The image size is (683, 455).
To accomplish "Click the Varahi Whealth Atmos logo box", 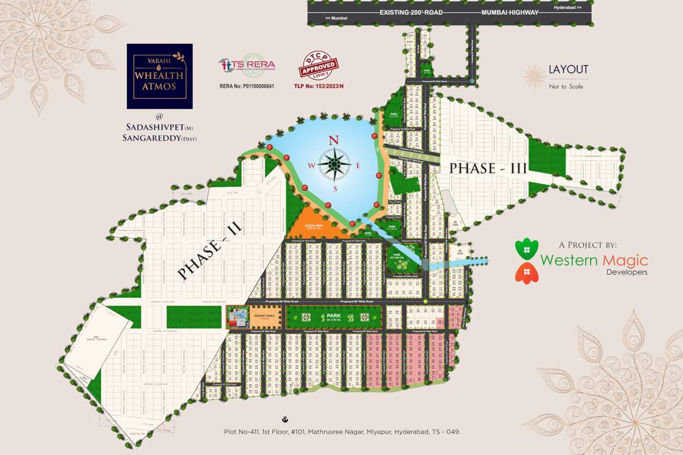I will tap(159, 76).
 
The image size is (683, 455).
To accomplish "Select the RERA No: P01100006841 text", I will tap(247, 86).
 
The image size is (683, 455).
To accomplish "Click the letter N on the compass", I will tap(334, 140).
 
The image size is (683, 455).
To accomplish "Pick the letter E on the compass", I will tap(358, 165).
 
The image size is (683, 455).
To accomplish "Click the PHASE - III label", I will tap(488, 168).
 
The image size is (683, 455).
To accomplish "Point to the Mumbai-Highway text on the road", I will tap(510, 12).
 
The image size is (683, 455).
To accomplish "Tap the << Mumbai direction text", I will tap(336, 19).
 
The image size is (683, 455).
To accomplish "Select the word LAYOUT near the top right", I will tap(568, 69).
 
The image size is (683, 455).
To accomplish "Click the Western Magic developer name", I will tap(593, 260).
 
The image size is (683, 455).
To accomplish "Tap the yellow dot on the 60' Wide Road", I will tap(426, 302).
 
